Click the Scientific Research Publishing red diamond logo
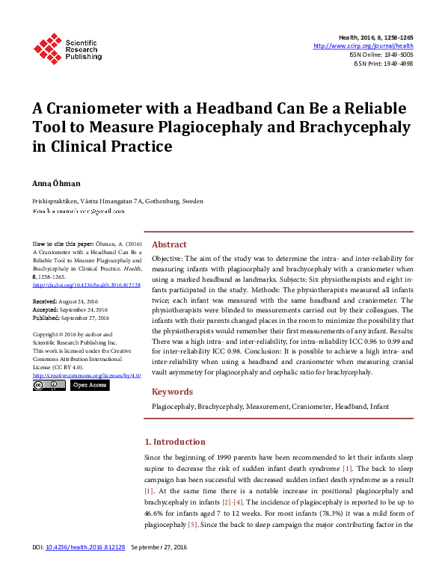[47, 48]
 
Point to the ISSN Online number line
[381, 55]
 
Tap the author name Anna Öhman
[55, 182]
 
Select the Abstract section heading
[169, 244]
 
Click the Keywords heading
[171, 392]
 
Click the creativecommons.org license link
[87, 375]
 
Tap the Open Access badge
[90, 386]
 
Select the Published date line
[71, 317]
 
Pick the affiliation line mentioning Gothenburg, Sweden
[117, 201]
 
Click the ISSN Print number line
[384, 64]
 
